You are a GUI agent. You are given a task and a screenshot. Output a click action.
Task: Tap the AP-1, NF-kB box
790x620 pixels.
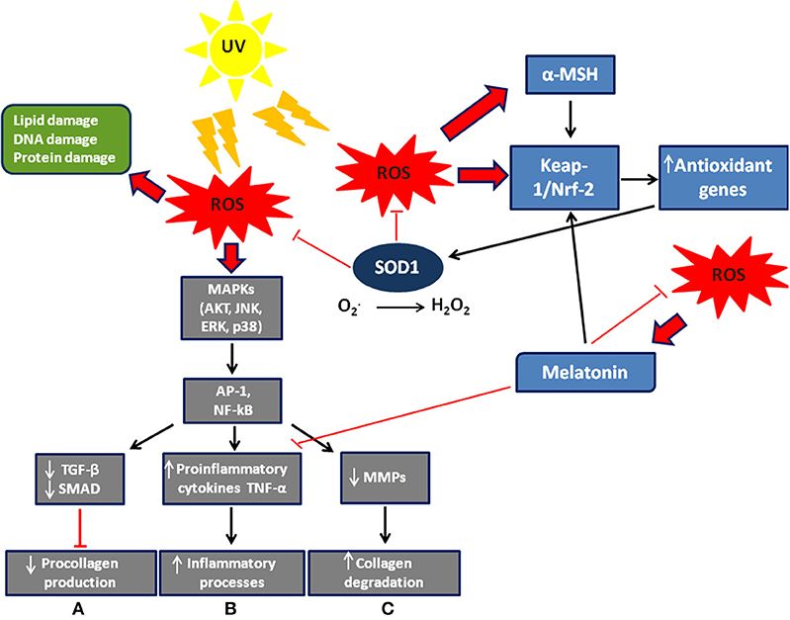coord(230,399)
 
